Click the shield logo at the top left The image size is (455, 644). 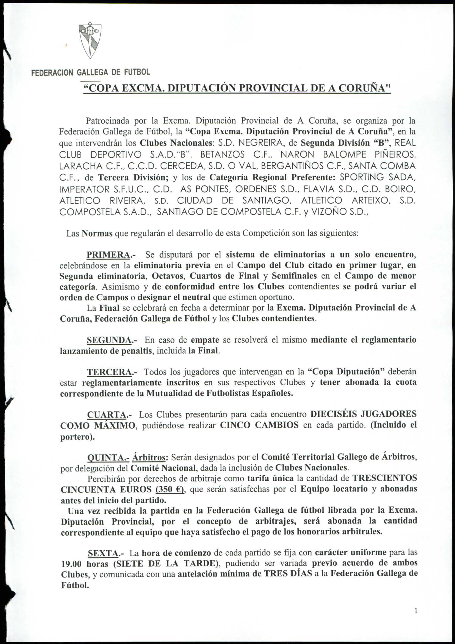(90, 40)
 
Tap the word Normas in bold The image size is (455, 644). (97, 234)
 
